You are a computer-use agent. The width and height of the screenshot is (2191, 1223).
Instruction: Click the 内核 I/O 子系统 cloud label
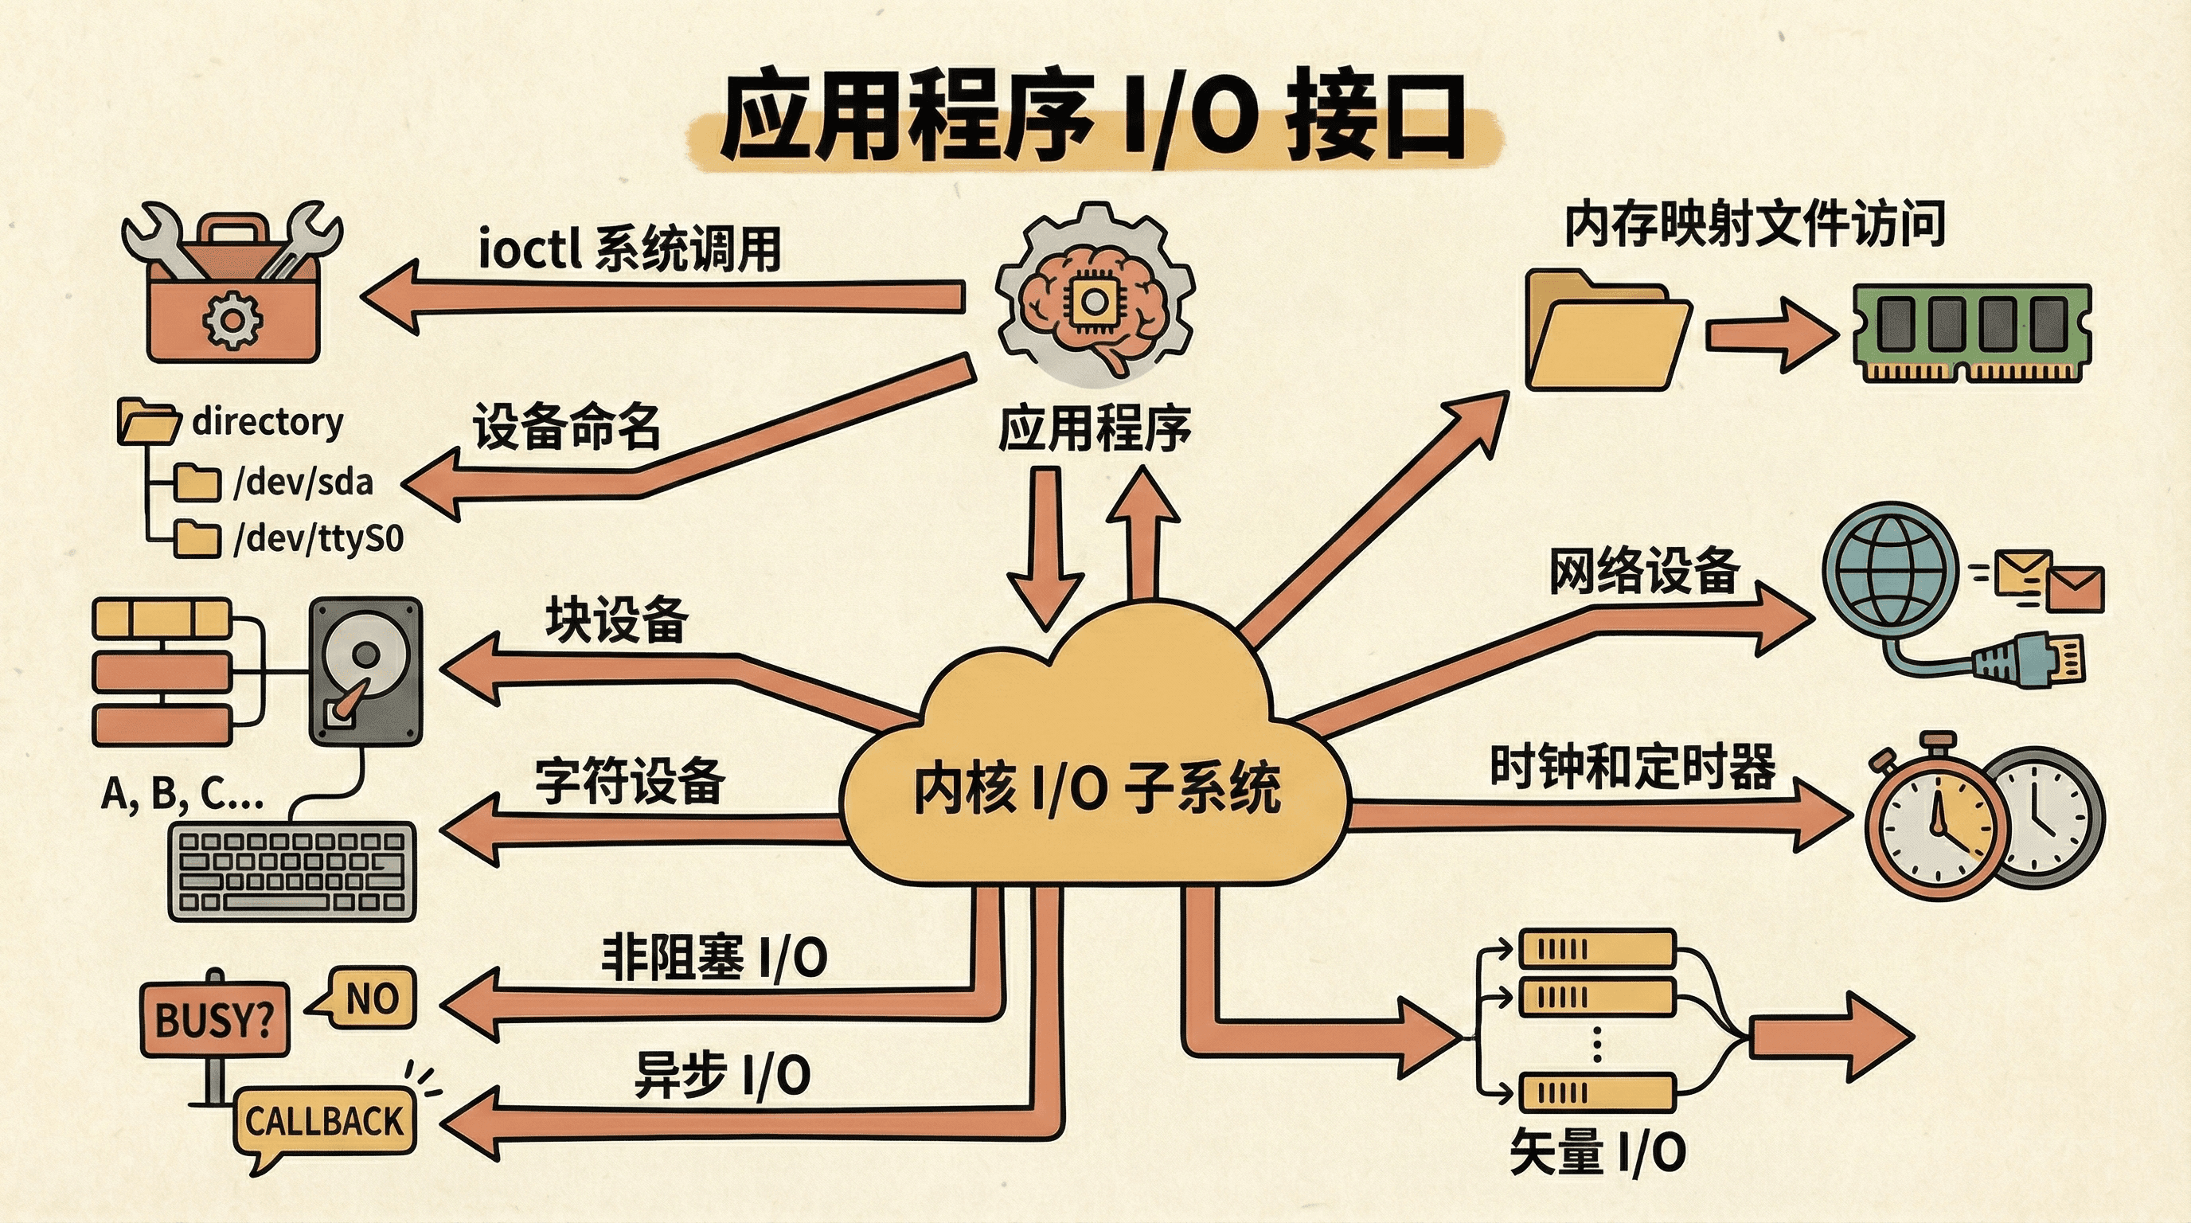point(1095,789)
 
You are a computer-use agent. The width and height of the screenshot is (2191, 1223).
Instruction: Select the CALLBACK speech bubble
point(323,1121)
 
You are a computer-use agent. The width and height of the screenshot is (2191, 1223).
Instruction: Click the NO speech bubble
point(372,998)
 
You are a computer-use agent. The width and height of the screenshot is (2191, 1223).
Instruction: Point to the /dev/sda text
point(303,483)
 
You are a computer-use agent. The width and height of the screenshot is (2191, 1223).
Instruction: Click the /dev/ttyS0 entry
point(318,538)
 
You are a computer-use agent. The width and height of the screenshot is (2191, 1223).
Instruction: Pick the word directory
point(267,421)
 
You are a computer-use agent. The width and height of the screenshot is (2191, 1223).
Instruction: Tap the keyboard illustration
point(293,871)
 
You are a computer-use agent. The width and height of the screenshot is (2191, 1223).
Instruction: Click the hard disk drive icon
point(365,672)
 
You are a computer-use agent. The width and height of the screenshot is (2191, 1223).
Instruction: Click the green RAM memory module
point(1970,334)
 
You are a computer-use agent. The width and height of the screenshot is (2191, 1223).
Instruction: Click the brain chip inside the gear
point(1092,302)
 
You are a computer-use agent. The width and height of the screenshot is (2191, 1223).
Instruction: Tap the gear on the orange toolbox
point(232,319)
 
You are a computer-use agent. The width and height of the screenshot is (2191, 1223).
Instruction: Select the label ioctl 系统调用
point(630,249)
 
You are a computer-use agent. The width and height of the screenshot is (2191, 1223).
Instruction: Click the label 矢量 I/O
point(1597,1153)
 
